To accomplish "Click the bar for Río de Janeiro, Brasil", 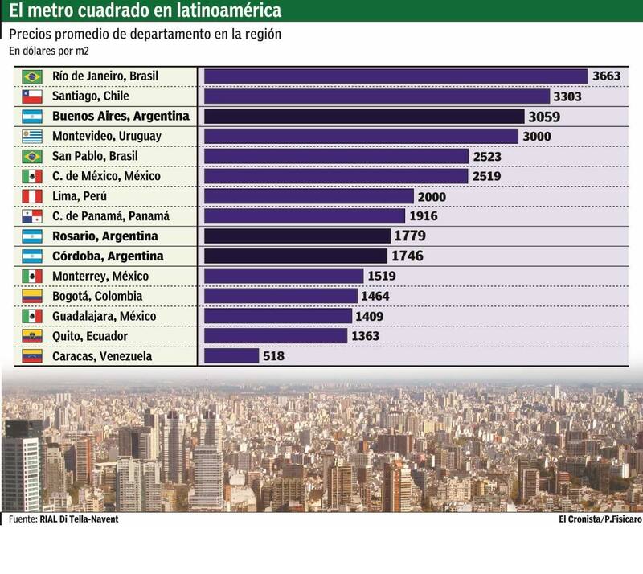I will tap(395, 76).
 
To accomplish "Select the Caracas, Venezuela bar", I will tap(231, 355).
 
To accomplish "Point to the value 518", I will tap(274, 355).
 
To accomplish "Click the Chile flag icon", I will tap(32, 96).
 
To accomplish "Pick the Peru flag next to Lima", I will tap(32, 196).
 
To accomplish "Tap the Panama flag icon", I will tap(32, 216).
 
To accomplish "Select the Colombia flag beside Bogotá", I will tap(32, 296).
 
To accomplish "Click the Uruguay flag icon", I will tap(32, 137).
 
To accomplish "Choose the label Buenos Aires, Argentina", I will tap(121, 117).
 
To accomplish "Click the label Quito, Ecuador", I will tap(90, 336).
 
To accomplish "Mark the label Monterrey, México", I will tap(100, 276).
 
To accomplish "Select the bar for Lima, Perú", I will tap(309, 196).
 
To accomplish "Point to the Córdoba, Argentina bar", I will tap(296, 256).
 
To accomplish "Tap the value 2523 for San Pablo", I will tap(487, 157).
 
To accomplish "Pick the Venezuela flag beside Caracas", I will tap(32, 355).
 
